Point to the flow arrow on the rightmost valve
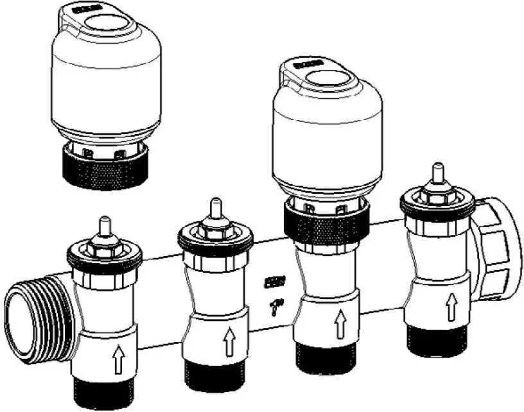tap(452, 306)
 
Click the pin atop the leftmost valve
tap(103, 225)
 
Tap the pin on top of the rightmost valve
tap(437, 173)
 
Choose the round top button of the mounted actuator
tap(331, 79)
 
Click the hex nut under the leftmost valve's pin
tap(103, 243)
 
